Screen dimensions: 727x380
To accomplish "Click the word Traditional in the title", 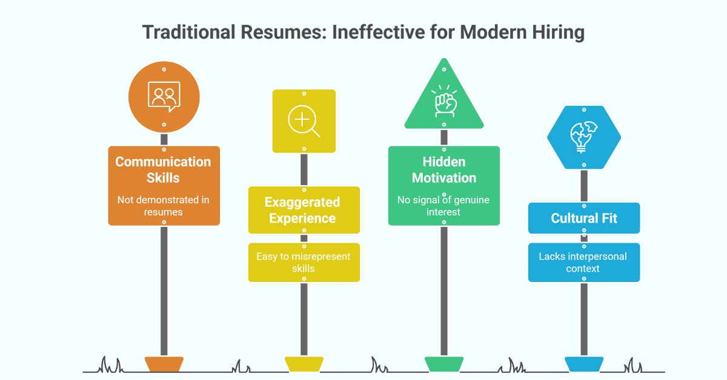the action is click(x=189, y=32).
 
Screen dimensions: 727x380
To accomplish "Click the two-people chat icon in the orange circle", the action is click(x=164, y=97).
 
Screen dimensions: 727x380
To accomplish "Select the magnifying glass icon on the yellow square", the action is click(x=304, y=121).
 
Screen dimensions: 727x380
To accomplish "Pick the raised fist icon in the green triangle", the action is click(x=444, y=101).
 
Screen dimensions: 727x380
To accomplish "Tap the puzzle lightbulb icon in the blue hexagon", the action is click(x=584, y=137).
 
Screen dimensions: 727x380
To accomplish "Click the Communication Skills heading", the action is click(x=163, y=169).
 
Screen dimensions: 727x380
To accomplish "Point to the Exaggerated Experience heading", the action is click(x=302, y=210).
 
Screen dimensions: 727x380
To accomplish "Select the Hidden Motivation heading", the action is click(x=444, y=169).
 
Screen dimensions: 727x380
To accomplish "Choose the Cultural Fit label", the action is click(x=584, y=218).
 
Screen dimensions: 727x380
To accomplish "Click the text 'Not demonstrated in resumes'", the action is click(x=163, y=206).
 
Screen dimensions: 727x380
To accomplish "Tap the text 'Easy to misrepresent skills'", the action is click(x=303, y=262).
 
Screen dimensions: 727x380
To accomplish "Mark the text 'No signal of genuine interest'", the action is click(x=443, y=206).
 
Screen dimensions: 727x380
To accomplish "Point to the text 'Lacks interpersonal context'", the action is click(x=583, y=262).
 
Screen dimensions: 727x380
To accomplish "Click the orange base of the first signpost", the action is click(x=164, y=364).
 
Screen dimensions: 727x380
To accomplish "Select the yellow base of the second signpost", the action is click(x=304, y=364).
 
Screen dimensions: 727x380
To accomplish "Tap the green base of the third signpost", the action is click(x=444, y=364).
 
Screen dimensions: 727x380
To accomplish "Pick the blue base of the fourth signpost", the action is click(x=584, y=364).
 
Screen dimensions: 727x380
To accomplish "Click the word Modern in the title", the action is click(x=493, y=32).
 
